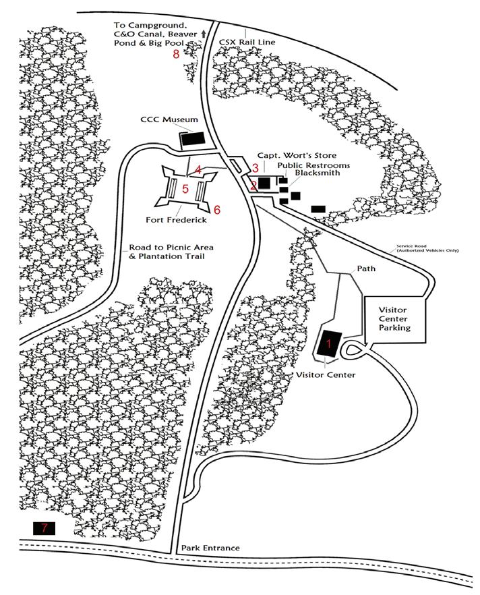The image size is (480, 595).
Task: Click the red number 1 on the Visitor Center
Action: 328,343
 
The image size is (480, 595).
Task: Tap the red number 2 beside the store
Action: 253,184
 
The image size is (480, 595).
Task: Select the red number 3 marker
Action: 255,167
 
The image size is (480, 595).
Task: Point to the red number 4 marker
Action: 198,169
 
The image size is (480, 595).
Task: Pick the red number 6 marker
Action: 217,210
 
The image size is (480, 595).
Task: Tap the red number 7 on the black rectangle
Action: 44,528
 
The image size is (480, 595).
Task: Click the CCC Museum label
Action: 169,119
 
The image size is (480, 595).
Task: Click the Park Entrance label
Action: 210,548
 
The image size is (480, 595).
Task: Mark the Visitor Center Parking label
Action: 394,317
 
